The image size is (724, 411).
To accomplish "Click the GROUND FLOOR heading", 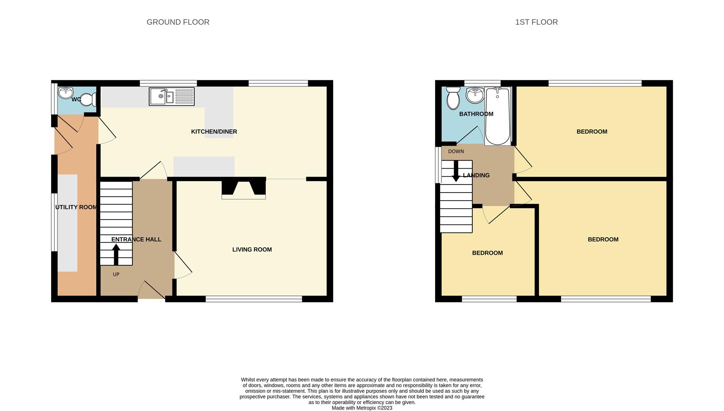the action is (178, 22).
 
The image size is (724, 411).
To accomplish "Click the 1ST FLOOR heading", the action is (536, 22).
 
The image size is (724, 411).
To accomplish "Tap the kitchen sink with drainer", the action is (172, 96).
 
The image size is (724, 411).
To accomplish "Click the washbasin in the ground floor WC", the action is (65, 92).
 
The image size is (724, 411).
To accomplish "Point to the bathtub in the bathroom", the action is (498, 116).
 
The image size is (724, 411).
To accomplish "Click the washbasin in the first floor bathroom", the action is (475, 96).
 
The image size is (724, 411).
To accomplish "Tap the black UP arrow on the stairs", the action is (116, 255).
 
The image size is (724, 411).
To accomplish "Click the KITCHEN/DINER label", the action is (214, 132).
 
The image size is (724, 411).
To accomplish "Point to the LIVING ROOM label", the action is (252, 250).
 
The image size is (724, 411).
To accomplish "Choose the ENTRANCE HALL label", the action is (136, 239).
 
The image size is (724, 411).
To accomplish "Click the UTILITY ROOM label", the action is (76, 207).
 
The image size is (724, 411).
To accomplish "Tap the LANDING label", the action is (476, 175).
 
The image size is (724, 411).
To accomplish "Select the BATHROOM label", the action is (476, 114).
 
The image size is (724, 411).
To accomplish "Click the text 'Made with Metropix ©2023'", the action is (362, 408).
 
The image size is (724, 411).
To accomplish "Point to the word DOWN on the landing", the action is (456, 151).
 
